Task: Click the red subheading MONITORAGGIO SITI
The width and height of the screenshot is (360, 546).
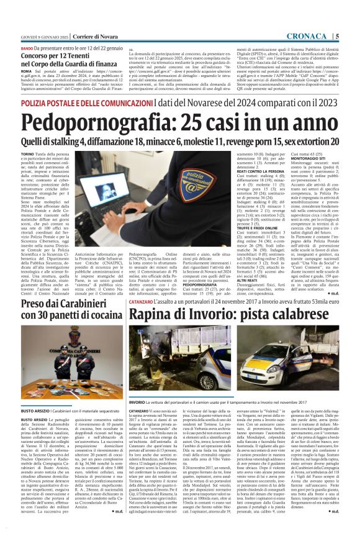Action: (x=304, y=158)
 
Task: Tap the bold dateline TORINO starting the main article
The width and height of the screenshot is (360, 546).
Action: (x=28, y=153)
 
